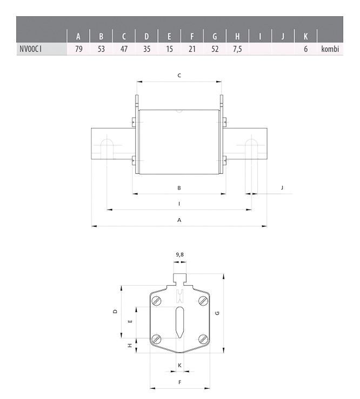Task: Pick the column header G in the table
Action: point(215,37)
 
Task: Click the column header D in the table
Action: point(146,37)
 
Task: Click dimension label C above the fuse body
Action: point(179,76)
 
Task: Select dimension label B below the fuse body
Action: point(179,187)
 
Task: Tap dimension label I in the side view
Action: point(179,204)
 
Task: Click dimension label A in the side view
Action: point(179,220)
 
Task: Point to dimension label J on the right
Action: point(282,187)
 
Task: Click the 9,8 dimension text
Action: point(179,254)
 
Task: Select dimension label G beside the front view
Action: point(217,313)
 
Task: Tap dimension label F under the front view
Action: point(179,382)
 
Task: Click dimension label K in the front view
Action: point(179,366)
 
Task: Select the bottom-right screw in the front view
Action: point(203,339)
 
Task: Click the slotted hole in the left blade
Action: point(107,148)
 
